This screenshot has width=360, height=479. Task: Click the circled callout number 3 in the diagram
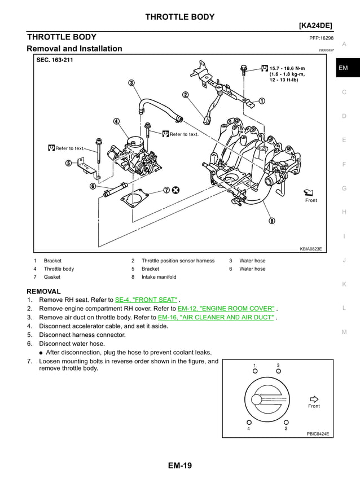click(x=131, y=83)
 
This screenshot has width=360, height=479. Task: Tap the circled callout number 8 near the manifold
click(x=272, y=221)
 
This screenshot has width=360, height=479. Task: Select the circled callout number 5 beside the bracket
click(x=68, y=163)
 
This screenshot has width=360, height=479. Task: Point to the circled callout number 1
click(x=262, y=101)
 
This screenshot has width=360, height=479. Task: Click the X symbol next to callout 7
click(x=176, y=190)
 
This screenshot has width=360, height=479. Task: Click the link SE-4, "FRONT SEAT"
click(x=146, y=300)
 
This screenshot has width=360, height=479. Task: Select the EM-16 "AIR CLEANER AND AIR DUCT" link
click(x=217, y=318)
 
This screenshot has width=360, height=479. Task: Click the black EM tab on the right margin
click(x=344, y=68)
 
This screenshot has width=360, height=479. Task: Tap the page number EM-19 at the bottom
click(x=179, y=466)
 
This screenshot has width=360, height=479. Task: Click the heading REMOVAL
click(x=43, y=291)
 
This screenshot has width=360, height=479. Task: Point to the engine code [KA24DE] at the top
click(x=315, y=25)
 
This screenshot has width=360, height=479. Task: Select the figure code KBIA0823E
click(x=311, y=249)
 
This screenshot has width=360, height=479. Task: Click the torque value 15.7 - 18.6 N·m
click(x=287, y=68)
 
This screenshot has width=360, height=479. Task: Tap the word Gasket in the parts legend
click(x=52, y=277)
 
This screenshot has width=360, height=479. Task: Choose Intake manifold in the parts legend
click(x=159, y=277)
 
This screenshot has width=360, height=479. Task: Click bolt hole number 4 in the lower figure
click(x=248, y=422)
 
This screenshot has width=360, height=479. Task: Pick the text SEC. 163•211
click(x=55, y=60)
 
